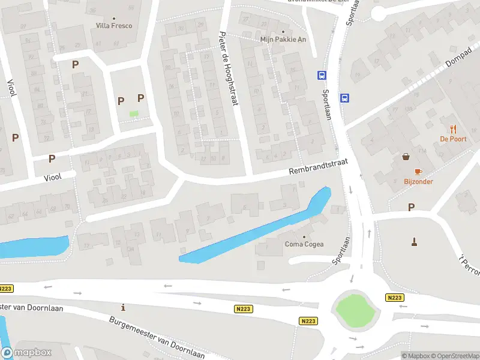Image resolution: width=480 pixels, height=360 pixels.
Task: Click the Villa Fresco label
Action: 114,26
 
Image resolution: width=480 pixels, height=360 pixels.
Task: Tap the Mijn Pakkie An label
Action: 283,40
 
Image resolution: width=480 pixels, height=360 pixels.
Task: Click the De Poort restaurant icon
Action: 453,128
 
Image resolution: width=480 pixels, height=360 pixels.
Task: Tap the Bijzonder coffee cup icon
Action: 418,171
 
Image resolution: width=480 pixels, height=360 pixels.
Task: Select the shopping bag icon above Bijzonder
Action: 407,157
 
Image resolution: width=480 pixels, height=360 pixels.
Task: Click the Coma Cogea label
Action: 304,244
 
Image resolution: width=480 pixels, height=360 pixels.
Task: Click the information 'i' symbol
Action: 124,308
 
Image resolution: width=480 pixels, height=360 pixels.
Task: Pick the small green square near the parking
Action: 134,114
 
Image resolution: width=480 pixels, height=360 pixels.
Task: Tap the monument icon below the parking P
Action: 414,242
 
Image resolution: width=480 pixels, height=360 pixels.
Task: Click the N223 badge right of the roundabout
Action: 394,298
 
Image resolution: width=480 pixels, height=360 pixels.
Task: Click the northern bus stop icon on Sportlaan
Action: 322,75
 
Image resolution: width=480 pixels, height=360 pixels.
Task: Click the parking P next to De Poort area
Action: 411,208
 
